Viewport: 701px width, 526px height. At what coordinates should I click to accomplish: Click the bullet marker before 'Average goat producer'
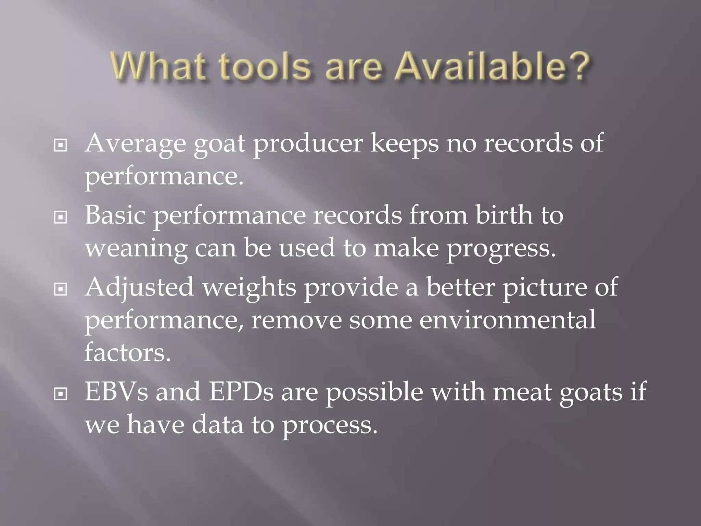61,146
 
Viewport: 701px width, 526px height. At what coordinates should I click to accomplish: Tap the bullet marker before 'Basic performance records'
61,217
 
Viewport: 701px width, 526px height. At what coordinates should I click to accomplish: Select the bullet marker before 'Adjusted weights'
61,289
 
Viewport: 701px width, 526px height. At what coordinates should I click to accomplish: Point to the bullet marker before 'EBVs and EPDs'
61,394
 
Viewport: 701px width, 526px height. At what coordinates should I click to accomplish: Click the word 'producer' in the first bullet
308,144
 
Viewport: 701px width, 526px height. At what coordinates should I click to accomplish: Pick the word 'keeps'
404,144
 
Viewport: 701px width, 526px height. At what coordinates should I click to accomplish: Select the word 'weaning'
136,249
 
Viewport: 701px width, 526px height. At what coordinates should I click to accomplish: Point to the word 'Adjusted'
139,288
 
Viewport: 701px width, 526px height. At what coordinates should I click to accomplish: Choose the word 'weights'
249,288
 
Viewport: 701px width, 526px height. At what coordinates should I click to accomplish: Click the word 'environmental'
507,320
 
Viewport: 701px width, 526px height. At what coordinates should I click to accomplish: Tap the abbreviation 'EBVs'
116,392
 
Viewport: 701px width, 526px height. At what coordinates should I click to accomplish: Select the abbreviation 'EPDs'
241,392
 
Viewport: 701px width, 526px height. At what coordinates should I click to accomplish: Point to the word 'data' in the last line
217,425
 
